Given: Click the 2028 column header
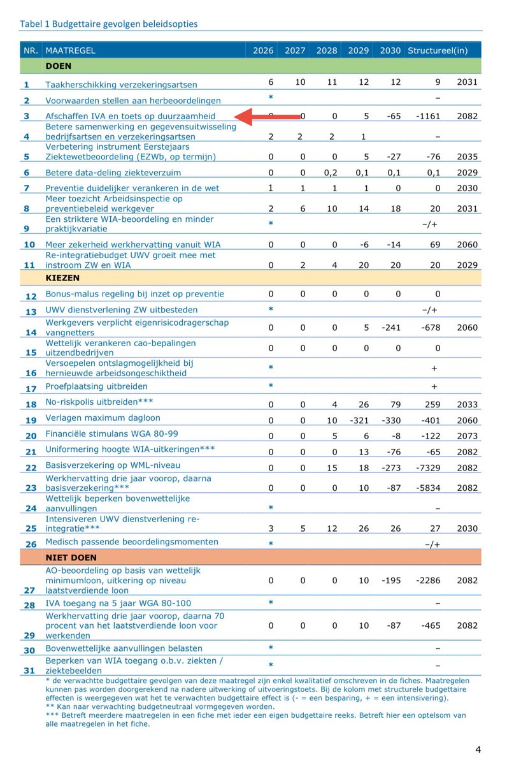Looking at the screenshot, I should tap(326, 50).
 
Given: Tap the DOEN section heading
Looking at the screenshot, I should tap(58, 66).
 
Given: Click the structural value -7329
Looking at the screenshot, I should tap(435, 467).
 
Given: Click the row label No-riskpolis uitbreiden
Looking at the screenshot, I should tap(99, 402).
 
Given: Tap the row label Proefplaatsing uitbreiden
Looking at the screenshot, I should tap(96, 387).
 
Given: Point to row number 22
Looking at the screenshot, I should tap(31, 467).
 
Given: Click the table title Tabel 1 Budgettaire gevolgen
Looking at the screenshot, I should tap(109, 24).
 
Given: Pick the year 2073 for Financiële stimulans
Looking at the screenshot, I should tap(467, 437).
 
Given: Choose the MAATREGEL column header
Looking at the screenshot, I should tap(70, 50).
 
